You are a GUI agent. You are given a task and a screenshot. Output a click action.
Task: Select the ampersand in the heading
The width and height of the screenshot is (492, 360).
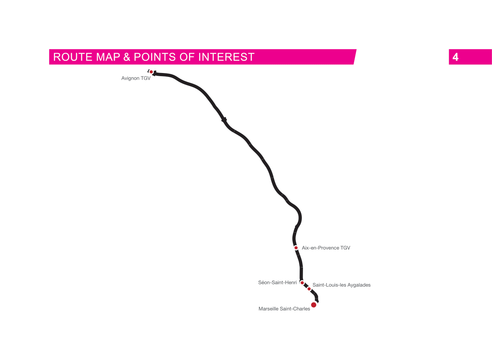[x=127, y=57]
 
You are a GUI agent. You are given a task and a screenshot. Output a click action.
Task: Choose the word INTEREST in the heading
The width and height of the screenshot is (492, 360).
[x=226, y=57]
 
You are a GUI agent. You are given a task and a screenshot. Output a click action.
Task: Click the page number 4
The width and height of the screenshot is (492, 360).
[x=455, y=57]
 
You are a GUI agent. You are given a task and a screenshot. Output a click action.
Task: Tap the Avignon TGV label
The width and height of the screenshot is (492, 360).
[x=135, y=78]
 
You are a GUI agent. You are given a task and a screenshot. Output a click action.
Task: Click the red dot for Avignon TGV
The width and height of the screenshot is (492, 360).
[x=151, y=72]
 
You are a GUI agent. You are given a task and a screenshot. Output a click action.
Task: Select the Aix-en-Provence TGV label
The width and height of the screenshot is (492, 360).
[x=326, y=248]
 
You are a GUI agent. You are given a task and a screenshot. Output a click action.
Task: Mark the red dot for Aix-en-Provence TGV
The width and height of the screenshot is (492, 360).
[x=296, y=248]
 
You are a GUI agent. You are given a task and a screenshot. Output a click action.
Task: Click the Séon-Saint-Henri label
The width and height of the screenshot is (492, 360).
[x=277, y=282]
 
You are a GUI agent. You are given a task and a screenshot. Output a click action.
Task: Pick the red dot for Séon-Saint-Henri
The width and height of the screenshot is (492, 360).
[x=302, y=282]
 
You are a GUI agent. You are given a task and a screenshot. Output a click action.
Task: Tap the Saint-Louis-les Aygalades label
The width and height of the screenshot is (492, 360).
[x=341, y=285]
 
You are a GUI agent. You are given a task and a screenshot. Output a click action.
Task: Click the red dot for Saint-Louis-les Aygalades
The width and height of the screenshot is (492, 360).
[x=309, y=289]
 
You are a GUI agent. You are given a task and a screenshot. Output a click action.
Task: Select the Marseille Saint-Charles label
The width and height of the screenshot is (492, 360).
[x=284, y=309]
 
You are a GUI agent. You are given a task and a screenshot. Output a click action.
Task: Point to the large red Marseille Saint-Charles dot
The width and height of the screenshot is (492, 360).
[x=314, y=305]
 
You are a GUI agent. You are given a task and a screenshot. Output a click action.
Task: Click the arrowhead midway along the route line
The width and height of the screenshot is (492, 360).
[x=225, y=120]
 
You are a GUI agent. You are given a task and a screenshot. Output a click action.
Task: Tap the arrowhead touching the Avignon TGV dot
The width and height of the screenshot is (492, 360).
[x=155, y=73]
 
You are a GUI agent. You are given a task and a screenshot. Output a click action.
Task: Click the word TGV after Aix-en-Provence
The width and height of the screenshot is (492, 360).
[x=345, y=248]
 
